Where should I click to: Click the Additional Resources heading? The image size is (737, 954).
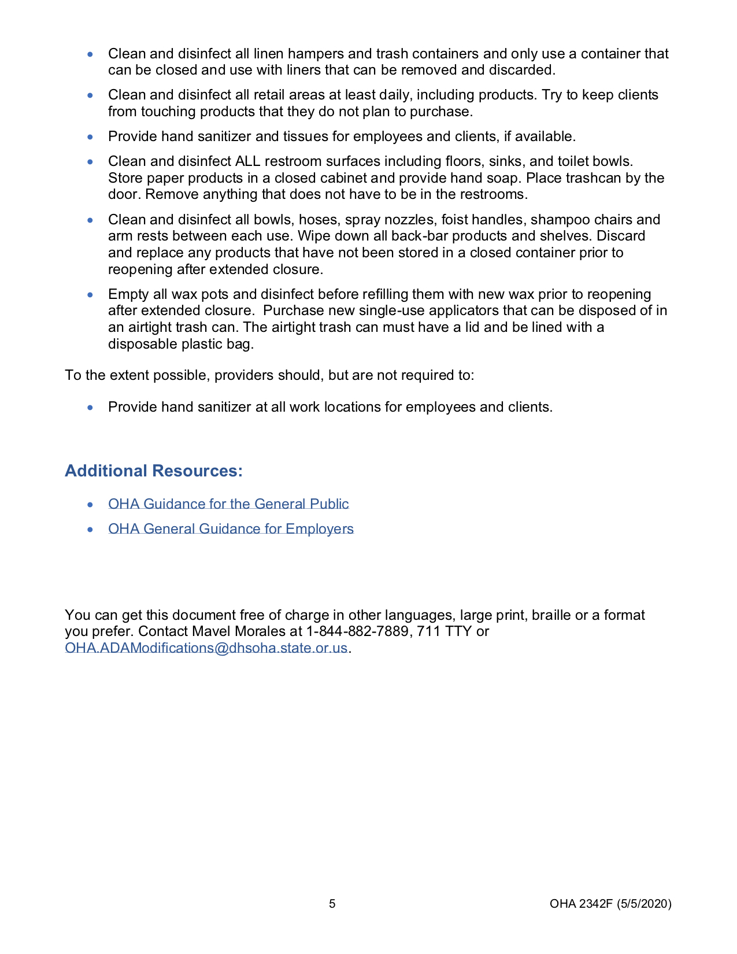[x=153, y=471]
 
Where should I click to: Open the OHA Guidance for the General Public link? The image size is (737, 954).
[x=228, y=504]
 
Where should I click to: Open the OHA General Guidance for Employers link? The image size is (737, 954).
[x=231, y=528]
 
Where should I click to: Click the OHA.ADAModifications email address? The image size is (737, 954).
[x=206, y=648]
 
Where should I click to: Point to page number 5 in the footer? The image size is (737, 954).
[x=332, y=904]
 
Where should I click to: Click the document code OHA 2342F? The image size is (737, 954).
[x=580, y=904]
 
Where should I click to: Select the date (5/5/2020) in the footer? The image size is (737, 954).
[x=644, y=904]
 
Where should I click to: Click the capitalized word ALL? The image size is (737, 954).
[x=247, y=161]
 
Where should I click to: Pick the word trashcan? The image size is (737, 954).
[x=594, y=178]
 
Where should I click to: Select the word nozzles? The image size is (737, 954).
[x=409, y=220]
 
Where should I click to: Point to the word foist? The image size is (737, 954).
[x=455, y=220]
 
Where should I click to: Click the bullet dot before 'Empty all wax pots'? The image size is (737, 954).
[x=90, y=295]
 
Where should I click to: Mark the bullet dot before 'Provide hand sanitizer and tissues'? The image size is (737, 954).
[x=90, y=137]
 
